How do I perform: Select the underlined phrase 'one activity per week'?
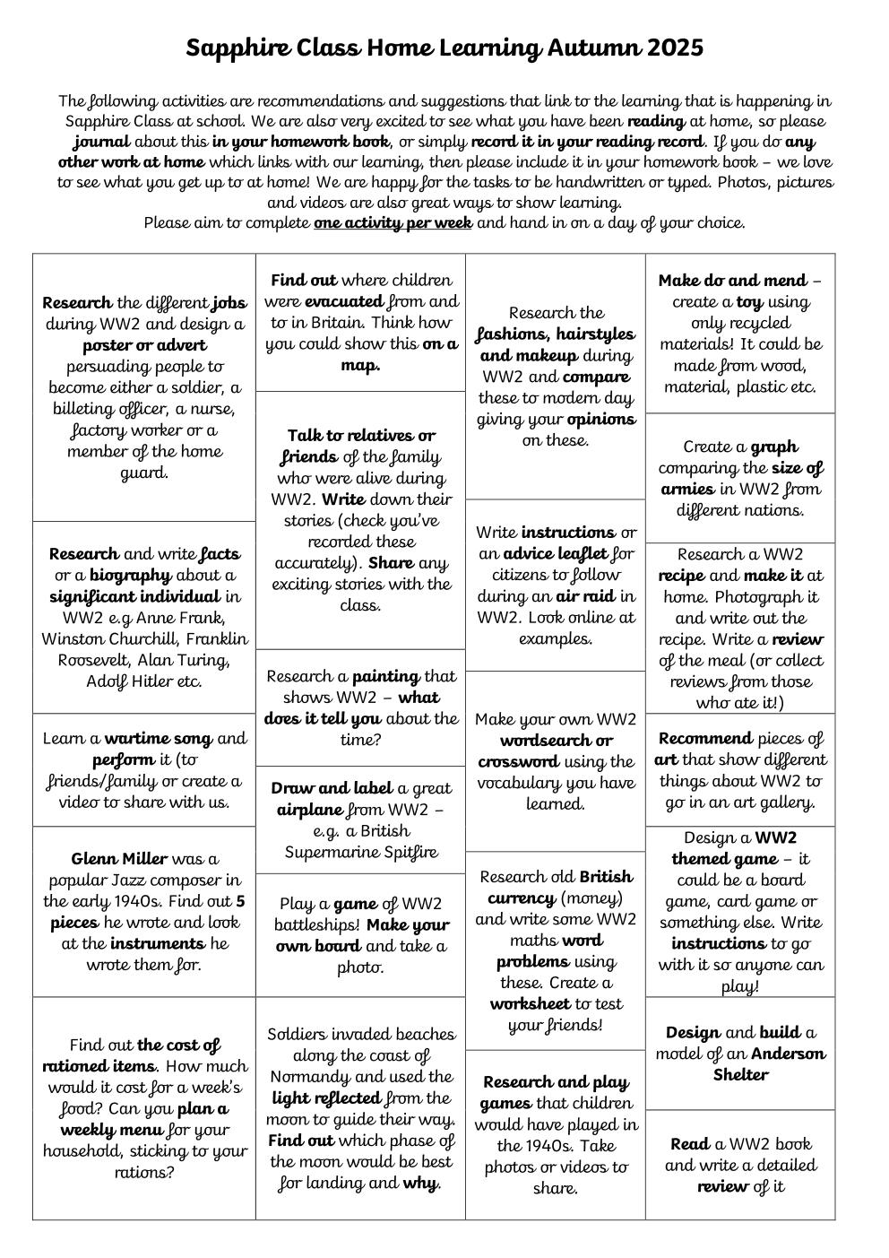393,223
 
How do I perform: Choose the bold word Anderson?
789,1054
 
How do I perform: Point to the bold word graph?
774,447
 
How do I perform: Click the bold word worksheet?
532,1004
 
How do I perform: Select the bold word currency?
522,898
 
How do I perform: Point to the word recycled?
741,323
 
